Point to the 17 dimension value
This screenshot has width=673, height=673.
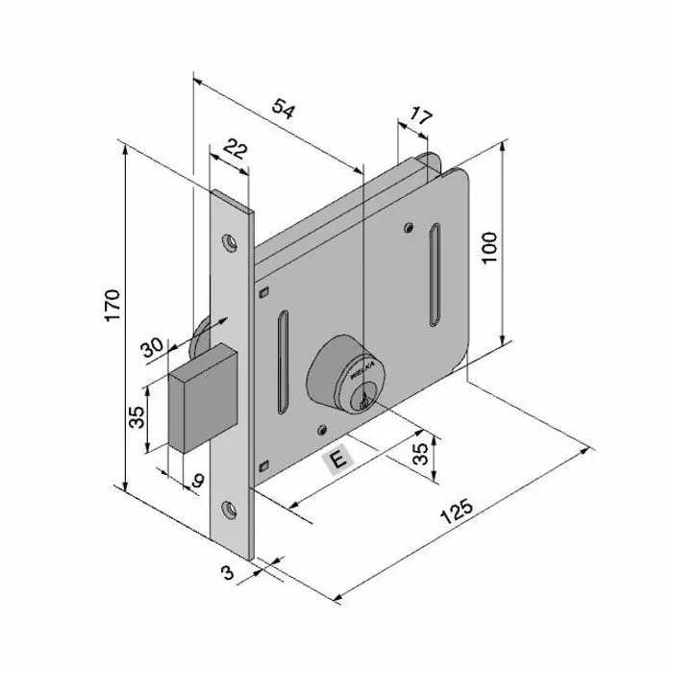click(x=420, y=120)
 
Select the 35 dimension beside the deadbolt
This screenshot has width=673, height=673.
click(x=137, y=416)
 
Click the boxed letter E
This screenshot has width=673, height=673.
click(x=336, y=461)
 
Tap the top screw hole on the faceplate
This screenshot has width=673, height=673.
click(x=231, y=241)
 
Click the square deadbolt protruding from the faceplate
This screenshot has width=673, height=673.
click(x=203, y=397)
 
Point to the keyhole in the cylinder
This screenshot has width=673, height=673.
click(x=362, y=402)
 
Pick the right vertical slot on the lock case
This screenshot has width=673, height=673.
click(x=436, y=274)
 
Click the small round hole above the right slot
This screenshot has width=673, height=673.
click(x=411, y=228)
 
